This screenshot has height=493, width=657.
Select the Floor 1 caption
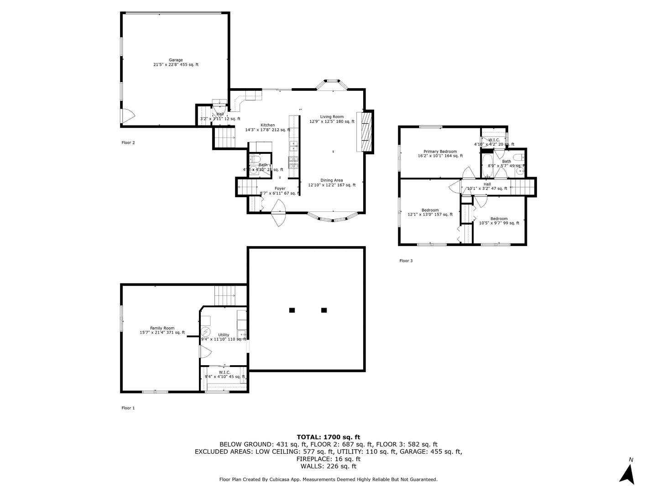coord(128,408)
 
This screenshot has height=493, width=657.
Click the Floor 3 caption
coord(406,261)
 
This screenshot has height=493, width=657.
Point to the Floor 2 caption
coord(128,143)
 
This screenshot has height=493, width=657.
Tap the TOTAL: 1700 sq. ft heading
coord(328,437)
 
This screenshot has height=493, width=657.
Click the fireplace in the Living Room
coord(365,131)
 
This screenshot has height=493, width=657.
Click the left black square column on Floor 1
coord(292,310)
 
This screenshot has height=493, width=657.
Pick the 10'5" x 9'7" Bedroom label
coord(499,221)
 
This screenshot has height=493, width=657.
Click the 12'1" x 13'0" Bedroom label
coord(430,212)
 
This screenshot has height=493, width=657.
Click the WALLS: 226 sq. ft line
coord(328,466)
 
